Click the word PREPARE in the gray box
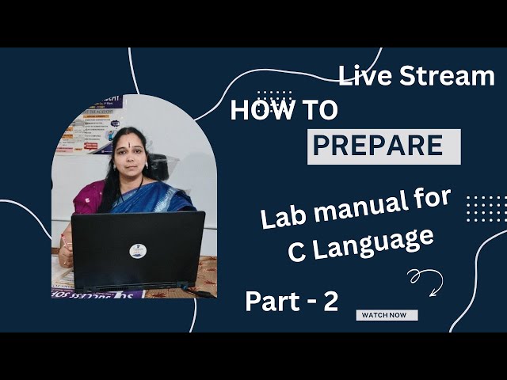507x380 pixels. (377, 146)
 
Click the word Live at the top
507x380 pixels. (365, 77)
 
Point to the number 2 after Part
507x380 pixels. (329, 302)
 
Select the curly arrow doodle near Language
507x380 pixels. (425, 279)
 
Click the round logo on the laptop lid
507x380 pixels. (138, 251)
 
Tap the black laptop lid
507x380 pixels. (138, 249)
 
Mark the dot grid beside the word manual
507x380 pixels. (485, 208)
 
